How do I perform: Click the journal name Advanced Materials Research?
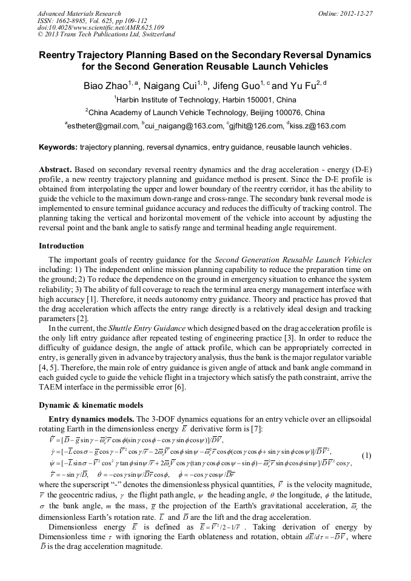[x=79, y=13]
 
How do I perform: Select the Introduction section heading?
[x=61, y=246]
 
